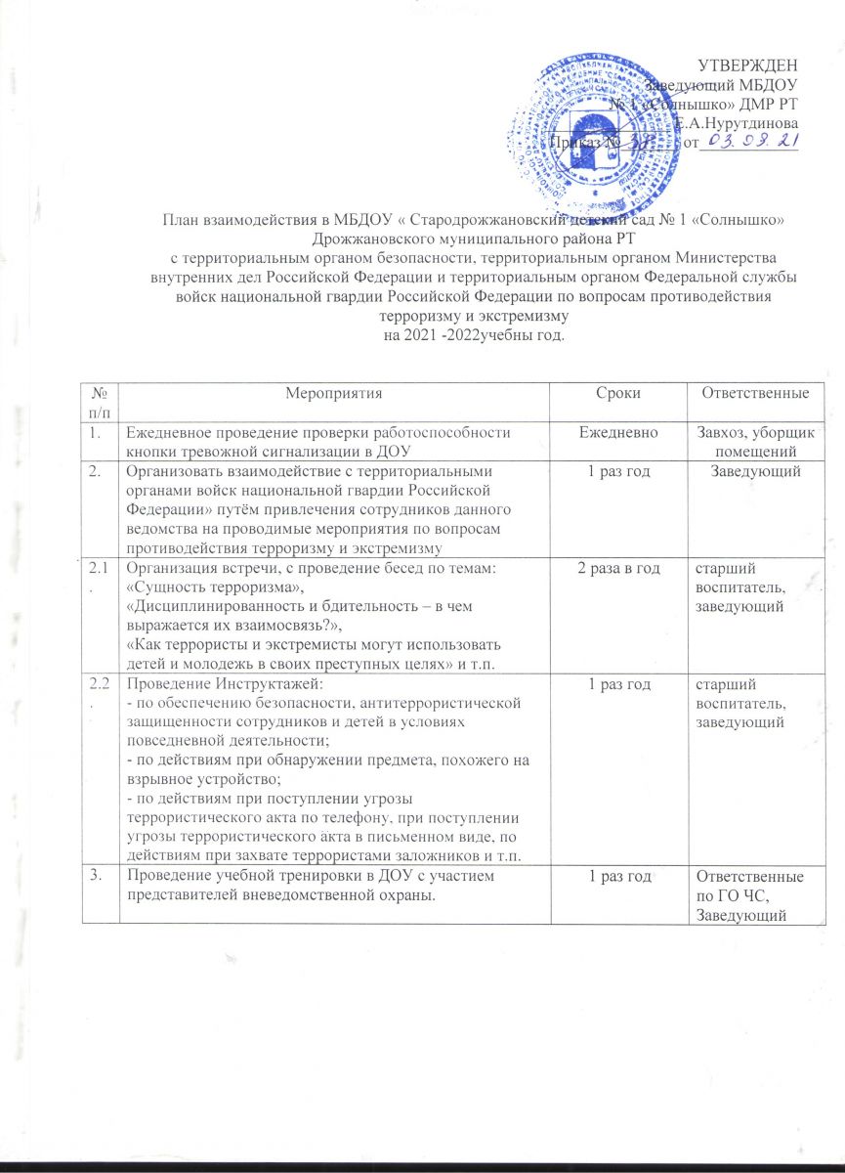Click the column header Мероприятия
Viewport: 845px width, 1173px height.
click(332, 393)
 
